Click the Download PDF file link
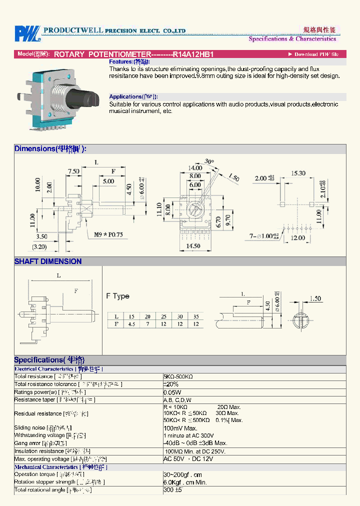coord(315,54)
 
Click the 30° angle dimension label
coord(209,161)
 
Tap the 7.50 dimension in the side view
coord(74,171)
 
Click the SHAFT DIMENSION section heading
coord(48,261)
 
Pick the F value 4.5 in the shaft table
coord(132,324)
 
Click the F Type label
coord(117,296)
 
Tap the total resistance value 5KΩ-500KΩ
coord(178,376)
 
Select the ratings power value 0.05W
coord(172,392)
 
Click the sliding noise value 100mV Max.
coord(180,428)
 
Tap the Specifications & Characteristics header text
coord(292,38)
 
